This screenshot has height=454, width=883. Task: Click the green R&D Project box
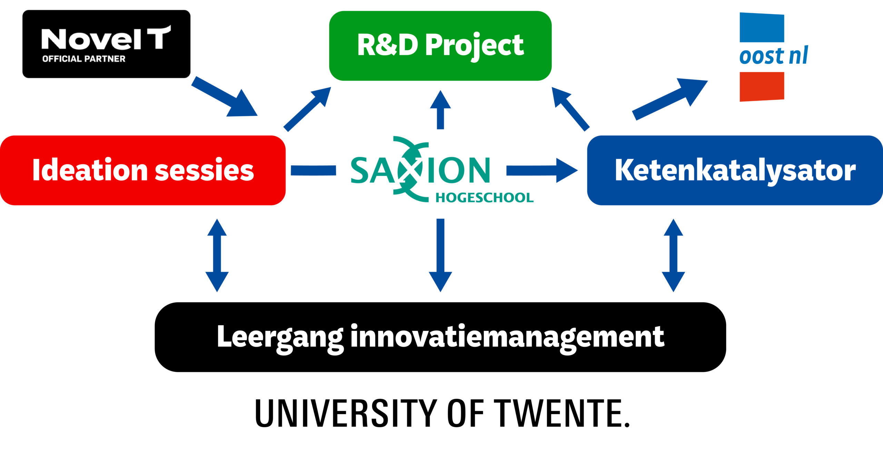pos(440,46)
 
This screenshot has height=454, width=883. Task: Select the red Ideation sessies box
pos(143,170)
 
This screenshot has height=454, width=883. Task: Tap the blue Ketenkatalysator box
pos(735,170)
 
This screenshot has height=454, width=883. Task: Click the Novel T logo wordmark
pos(105,39)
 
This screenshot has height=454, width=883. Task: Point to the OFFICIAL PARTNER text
pos(84,59)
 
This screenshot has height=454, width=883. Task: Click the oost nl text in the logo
pos(773,56)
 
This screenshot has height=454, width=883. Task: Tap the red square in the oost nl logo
pos(762,87)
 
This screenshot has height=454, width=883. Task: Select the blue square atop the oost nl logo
pos(762,28)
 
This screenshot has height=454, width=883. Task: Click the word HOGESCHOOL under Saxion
pos(484,198)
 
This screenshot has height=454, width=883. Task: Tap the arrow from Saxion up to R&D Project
pos(440,110)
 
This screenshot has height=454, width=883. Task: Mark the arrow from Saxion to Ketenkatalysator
pos(542,170)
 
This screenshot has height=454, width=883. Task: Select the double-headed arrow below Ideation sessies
pos(217,255)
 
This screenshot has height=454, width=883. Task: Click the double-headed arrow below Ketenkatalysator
pos(673,255)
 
